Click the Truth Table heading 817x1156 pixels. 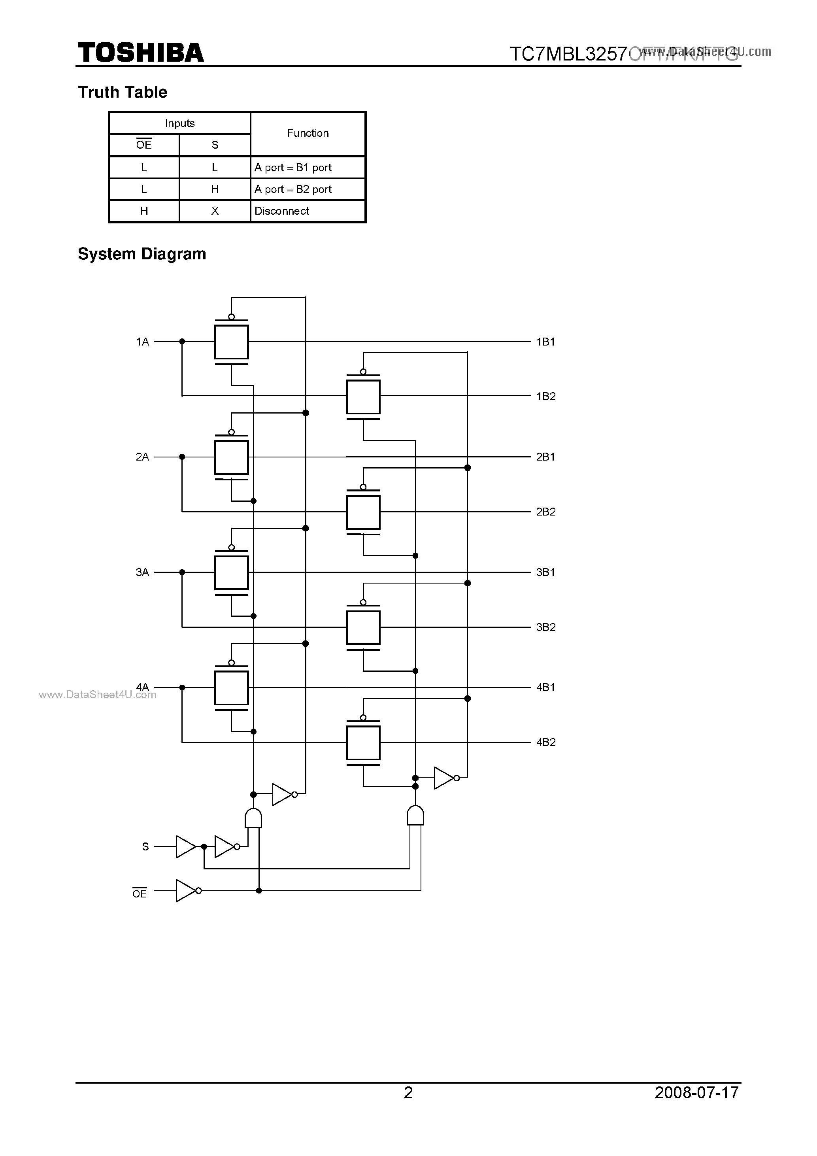click(x=122, y=92)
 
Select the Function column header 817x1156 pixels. click(x=308, y=133)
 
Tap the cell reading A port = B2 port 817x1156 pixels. click(x=293, y=189)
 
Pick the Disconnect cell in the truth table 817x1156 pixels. click(x=281, y=211)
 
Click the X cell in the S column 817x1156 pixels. click(x=215, y=211)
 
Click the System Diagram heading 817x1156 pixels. click(x=142, y=254)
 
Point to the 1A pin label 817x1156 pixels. click(x=142, y=342)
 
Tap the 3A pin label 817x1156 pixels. click(x=142, y=572)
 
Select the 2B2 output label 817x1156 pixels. click(x=546, y=512)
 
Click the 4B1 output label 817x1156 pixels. click(x=546, y=687)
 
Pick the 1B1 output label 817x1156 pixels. click(x=546, y=342)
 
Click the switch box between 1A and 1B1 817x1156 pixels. click(x=232, y=342)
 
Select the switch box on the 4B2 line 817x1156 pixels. click(x=363, y=742)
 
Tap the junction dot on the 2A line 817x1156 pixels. click(x=182, y=457)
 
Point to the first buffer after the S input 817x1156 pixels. click(x=185, y=847)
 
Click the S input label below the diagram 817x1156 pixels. click(x=145, y=847)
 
